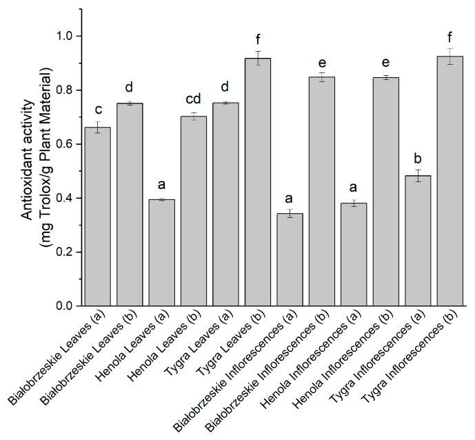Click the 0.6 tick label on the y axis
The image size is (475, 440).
click(65, 144)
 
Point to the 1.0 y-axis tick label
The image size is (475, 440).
click(65, 36)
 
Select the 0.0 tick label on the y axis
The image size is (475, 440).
click(65, 306)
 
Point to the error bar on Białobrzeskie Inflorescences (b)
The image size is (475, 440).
click(323, 77)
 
